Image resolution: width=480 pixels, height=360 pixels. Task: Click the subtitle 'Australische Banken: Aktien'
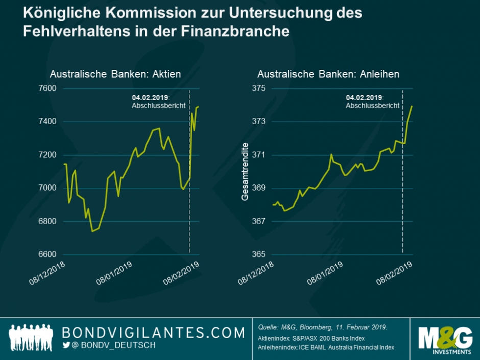115,75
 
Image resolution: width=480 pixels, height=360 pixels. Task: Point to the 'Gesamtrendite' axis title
245,172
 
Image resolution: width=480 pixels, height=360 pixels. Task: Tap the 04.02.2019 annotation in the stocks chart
150,98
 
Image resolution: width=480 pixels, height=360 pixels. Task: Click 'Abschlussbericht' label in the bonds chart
372,106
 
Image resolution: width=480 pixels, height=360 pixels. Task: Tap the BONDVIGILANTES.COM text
153,333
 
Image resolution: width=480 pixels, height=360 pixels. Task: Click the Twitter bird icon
66,346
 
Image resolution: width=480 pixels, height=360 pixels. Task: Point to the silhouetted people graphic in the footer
32,338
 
